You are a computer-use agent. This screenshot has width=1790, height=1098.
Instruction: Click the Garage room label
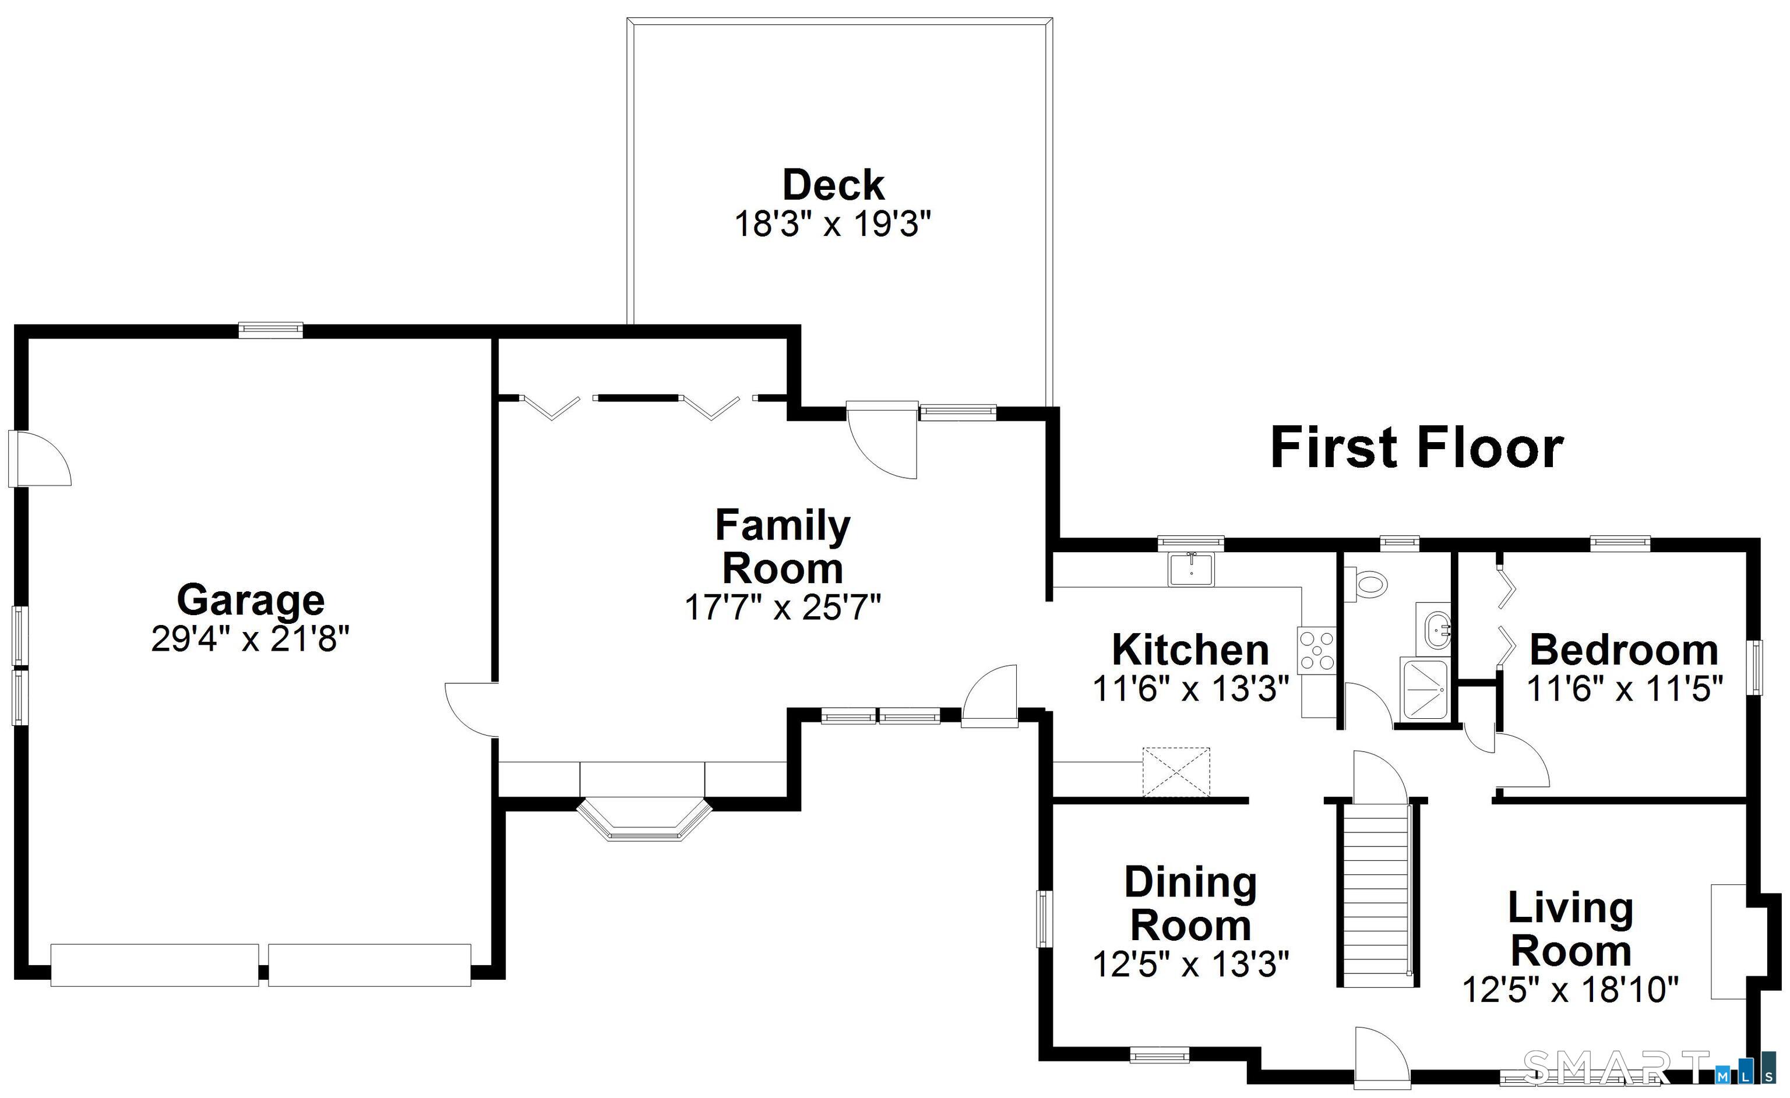coord(251,600)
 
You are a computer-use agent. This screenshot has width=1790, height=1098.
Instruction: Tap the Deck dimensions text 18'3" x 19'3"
coord(833,224)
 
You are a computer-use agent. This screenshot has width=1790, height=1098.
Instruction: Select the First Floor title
coord(1417,448)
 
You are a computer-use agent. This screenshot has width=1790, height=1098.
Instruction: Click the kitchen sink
coord(1190,569)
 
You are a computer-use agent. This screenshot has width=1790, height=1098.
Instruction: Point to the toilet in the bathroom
coord(1365,583)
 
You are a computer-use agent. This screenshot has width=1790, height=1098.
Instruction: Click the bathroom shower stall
coord(1425,689)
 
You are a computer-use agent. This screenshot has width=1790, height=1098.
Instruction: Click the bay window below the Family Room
coord(644,820)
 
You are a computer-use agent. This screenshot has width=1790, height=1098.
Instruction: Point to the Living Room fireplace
coord(1729,951)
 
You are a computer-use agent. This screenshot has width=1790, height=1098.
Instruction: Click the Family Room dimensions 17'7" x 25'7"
coord(783,607)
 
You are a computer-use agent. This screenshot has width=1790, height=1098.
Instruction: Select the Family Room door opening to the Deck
coord(883,439)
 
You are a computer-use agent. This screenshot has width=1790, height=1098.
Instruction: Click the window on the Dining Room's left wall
coord(1044,919)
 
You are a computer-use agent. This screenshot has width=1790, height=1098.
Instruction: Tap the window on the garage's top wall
coord(271,330)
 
